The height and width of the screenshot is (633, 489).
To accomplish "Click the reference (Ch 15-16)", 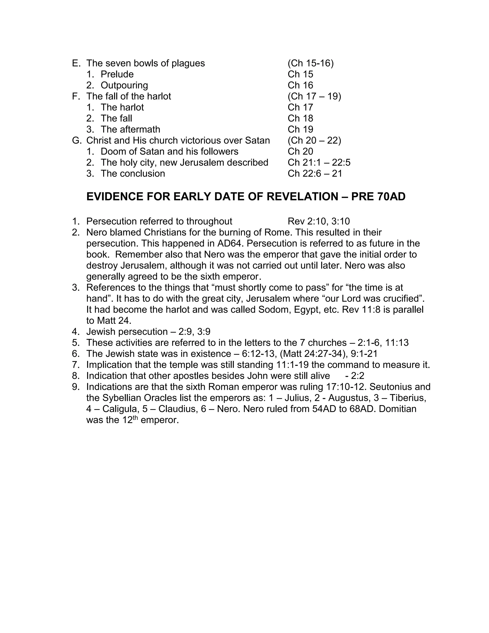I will pyautogui.click(x=311, y=63).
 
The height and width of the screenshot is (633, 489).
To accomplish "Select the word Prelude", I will pyautogui.click(x=117, y=74).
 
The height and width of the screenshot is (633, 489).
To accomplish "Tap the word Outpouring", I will pyautogui.click(x=124, y=85).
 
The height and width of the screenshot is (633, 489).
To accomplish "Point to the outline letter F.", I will pyautogui.click(x=76, y=96).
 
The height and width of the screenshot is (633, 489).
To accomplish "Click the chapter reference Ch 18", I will pyautogui.click(x=300, y=118).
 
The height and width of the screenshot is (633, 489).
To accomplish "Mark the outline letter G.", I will pyautogui.click(x=76, y=140).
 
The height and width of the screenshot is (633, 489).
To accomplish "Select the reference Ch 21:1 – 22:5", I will pyautogui.click(x=319, y=162).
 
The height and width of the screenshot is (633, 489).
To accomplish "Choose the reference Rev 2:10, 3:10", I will pyautogui.click(x=319, y=221).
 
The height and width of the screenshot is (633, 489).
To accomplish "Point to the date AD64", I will pyautogui.click(x=229, y=243).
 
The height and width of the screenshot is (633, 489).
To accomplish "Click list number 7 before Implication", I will pyautogui.click(x=76, y=365).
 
